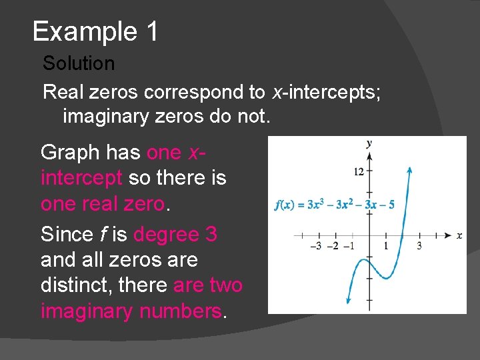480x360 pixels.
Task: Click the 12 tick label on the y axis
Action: click(359, 172)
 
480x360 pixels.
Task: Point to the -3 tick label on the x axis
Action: click(317, 246)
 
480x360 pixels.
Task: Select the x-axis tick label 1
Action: click(386, 246)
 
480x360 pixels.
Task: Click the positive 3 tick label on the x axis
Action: click(419, 246)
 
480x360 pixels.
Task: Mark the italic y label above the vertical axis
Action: click(369, 143)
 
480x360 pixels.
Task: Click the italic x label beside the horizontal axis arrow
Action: click(459, 235)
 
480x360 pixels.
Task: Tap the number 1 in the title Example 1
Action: click(150, 31)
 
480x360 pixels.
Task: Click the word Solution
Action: click(79, 64)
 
